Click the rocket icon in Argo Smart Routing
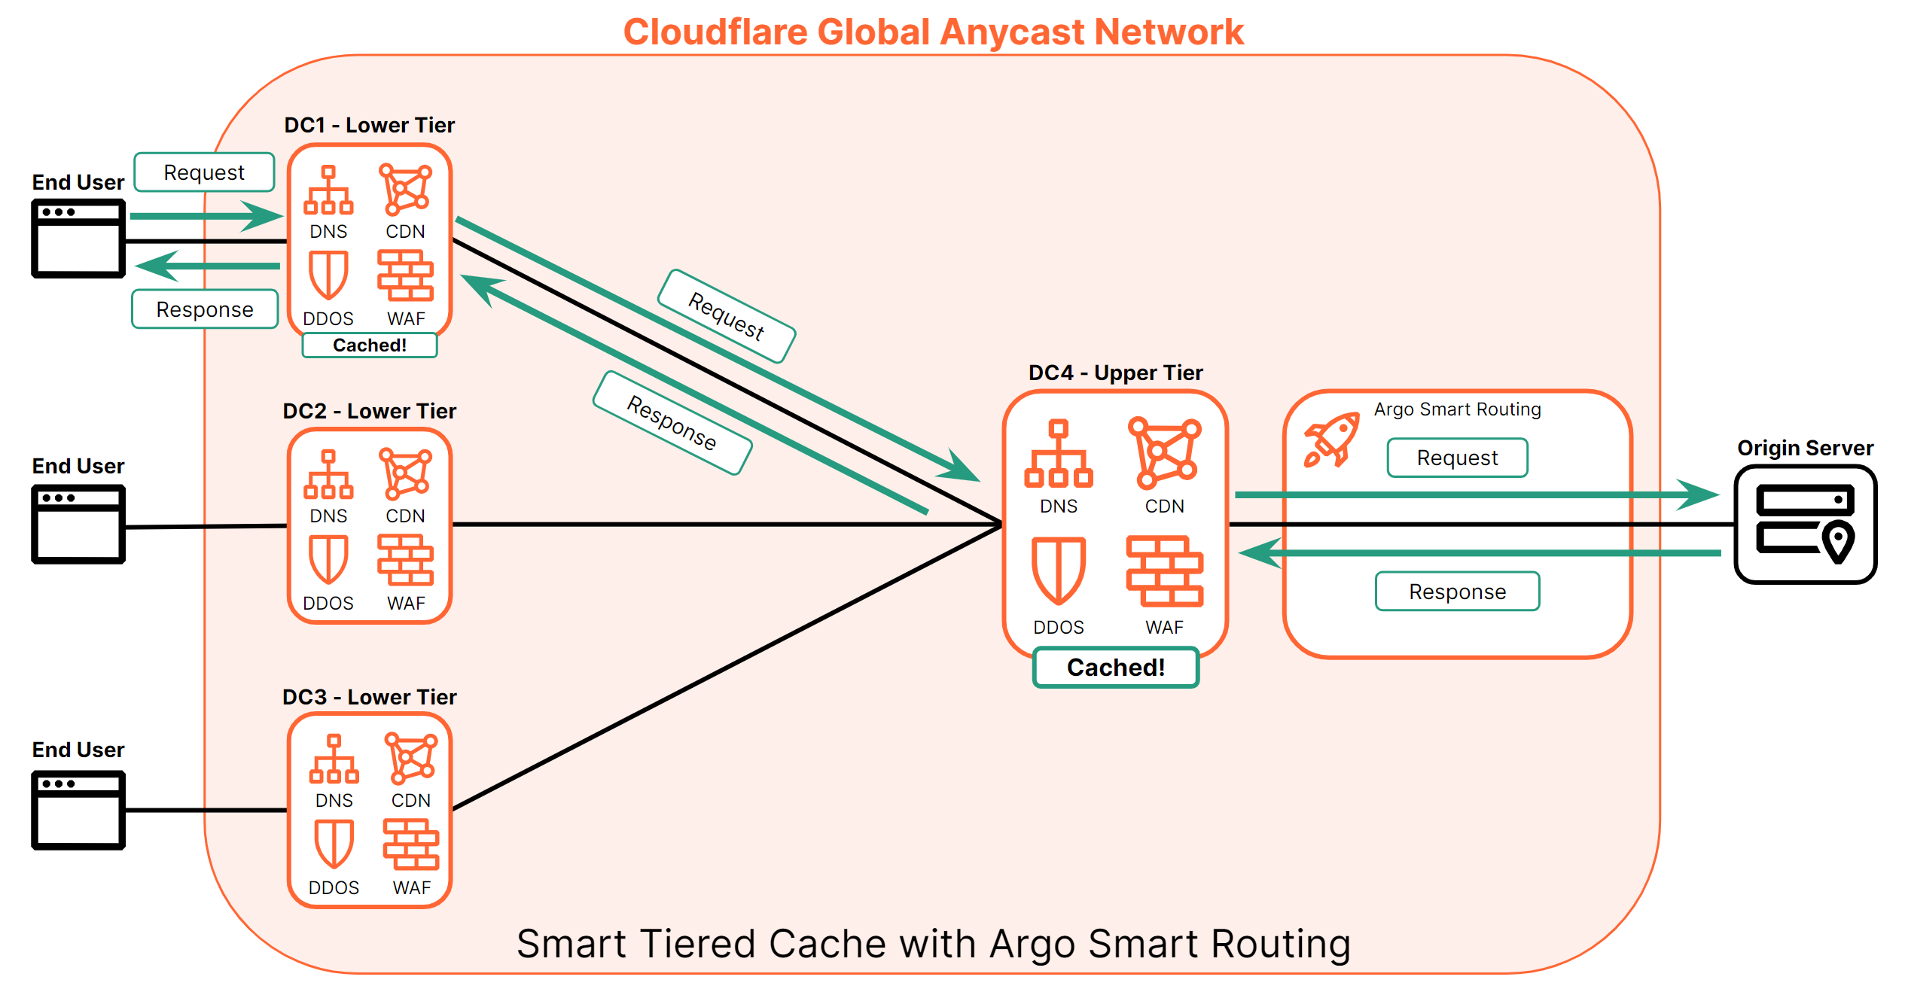coord(1331,440)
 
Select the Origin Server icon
coord(1804,524)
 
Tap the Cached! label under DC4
coord(1115,668)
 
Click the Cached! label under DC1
coord(369,345)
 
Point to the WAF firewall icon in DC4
coord(1164,571)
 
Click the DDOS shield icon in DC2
coord(328,559)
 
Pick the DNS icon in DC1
coord(328,190)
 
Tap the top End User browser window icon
coord(78,238)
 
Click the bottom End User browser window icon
coord(78,810)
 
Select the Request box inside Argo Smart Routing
coord(1457,458)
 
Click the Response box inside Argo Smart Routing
coord(1457,592)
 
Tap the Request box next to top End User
coord(204,172)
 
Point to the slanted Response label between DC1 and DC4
coord(672,423)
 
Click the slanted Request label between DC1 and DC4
coord(727,316)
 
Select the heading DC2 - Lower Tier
coord(369,411)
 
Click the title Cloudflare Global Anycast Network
coord(933,32)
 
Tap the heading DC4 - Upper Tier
coord(1115,373)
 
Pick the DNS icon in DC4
coord(1058,453)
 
